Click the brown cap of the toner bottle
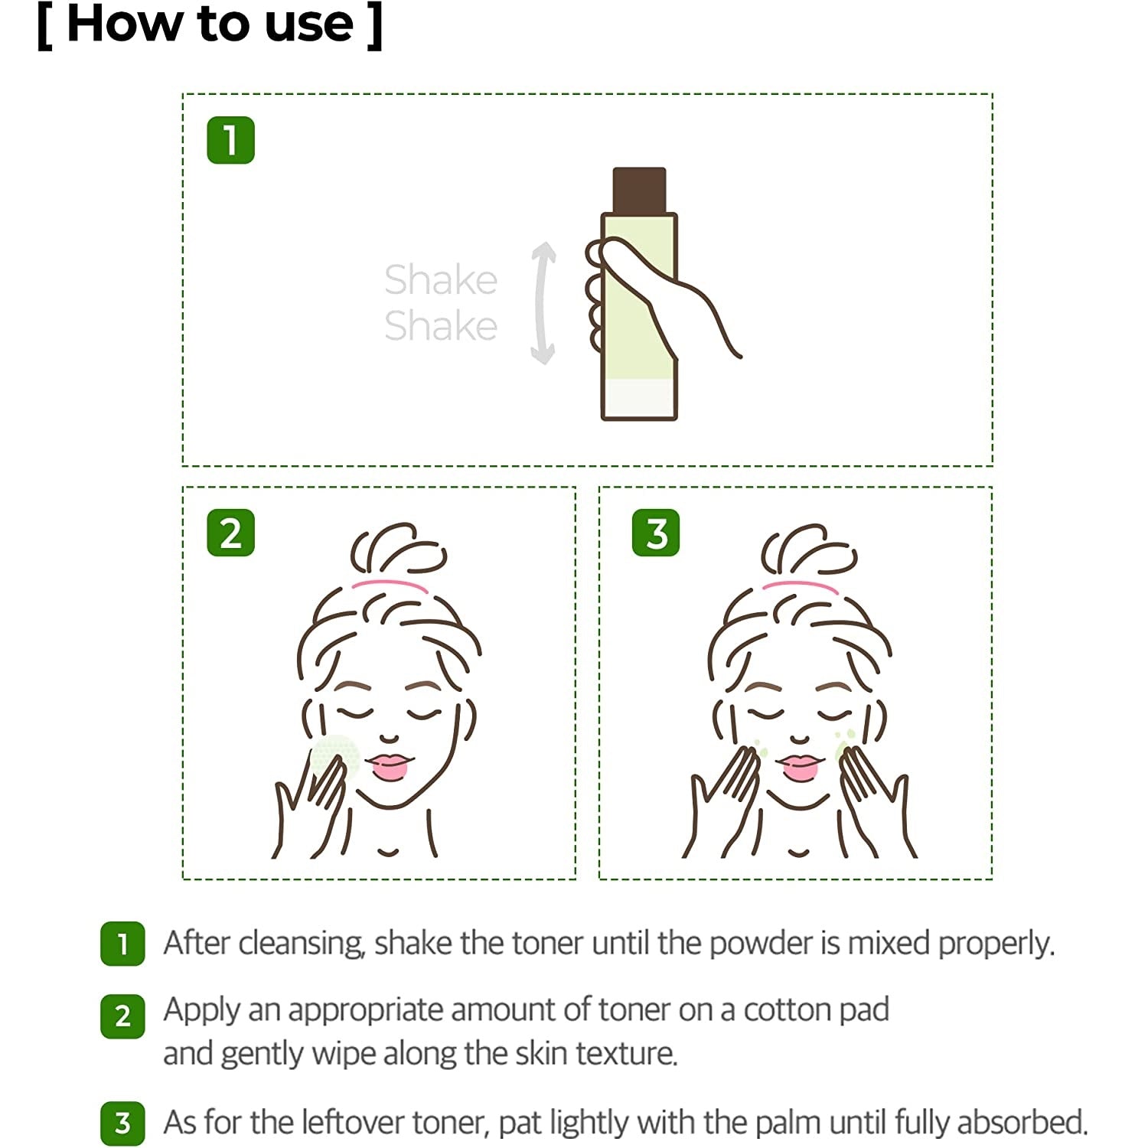[x=639, y=190]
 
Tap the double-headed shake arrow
[x=543, y=303]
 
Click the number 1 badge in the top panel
[x=230, y=140]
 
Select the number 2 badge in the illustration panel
[x=230, y=533]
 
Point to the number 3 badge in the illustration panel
[x=656, y=533]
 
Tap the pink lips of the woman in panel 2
[x=390, y=766]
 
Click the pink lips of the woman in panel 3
[x=801, y=766]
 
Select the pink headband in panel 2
[x=390, y=585]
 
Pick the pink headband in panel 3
[x=801, y=585]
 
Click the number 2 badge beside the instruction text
[x=122, y=1016]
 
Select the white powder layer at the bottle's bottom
[x=639, y=398]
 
